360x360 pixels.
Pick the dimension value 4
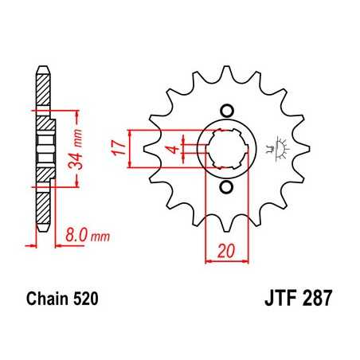point(170,147)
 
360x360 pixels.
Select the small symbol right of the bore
point(279,146)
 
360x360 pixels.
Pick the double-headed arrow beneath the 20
point(225,260)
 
